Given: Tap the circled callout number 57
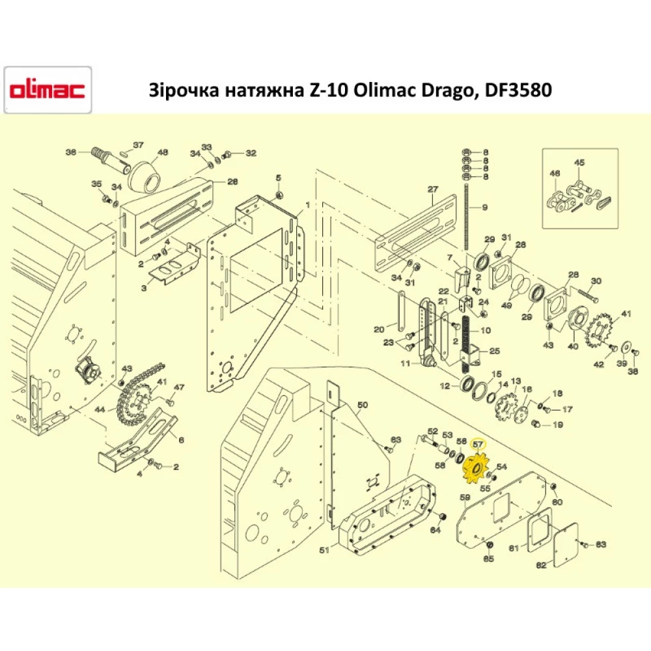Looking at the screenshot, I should coord(479,443).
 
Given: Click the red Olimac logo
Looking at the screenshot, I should coord(47,90).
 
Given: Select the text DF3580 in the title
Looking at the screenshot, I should coord(514,90).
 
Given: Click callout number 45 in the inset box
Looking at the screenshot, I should coord(579,163).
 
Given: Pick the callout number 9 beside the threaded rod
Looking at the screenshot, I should coord(484,207).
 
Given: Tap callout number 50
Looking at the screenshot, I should coord(363,405).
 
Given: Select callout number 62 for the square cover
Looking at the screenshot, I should coord(541,566).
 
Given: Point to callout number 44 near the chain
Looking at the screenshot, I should coord(100,410).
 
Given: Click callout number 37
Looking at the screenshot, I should coord(138,145).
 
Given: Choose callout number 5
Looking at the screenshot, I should coord(278,178).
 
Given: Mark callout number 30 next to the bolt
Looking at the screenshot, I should coord(596,281).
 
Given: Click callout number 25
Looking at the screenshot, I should coord(494,351).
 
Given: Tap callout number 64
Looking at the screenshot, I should coord(435,530).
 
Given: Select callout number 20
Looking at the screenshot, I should coord(379,329).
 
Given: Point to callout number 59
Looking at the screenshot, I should coord(465,498).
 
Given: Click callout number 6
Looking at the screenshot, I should coord(181,440).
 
